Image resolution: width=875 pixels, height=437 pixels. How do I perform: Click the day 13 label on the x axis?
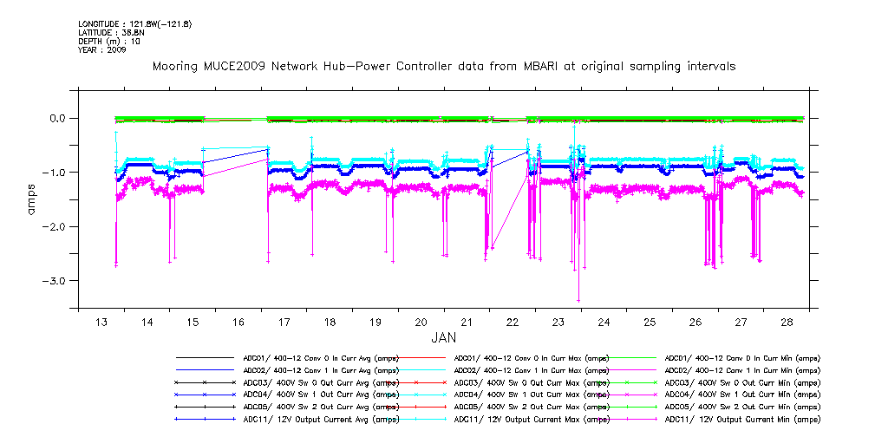101,322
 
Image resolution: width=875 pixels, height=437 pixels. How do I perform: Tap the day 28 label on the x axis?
787,322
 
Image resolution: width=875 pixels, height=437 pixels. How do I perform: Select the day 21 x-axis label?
467,322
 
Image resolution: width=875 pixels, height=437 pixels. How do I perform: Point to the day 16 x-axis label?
238,322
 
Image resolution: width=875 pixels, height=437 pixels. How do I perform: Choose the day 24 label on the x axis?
604,322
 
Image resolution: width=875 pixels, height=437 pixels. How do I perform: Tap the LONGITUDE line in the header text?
134,23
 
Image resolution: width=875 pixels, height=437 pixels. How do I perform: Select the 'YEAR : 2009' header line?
102,49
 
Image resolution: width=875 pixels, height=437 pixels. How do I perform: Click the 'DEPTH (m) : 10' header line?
109,41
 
